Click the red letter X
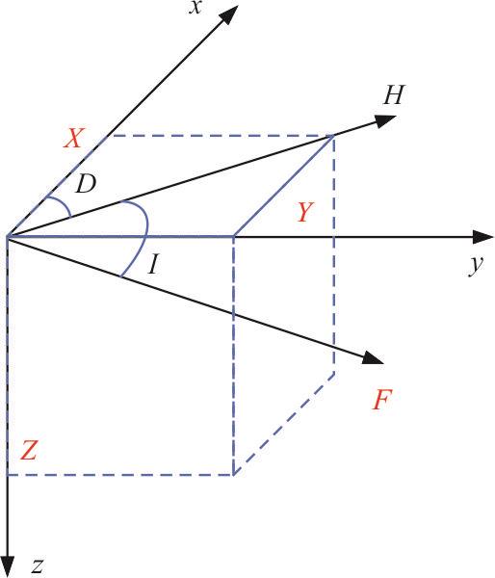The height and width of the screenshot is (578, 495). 74,138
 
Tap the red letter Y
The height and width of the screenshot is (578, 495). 305,212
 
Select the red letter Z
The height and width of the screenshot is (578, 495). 29,451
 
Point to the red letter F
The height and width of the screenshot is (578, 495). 381,400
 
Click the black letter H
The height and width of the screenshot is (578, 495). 394,94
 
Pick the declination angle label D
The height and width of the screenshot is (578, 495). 86,184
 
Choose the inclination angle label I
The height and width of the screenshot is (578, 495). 154,265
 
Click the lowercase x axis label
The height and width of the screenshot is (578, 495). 195,8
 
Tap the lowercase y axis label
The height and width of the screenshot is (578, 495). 476,265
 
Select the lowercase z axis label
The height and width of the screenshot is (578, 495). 38,566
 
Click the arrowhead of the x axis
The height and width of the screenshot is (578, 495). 229,15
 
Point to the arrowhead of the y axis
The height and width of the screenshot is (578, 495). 482,237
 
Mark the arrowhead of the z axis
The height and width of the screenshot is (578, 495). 8,565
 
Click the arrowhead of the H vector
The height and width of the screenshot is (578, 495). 385,120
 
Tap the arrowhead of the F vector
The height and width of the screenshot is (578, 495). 373,358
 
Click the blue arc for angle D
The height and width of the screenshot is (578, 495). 60,204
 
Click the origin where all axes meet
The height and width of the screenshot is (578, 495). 8,236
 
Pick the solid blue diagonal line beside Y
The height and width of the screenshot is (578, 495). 284,186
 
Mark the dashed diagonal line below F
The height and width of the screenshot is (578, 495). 284,424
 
